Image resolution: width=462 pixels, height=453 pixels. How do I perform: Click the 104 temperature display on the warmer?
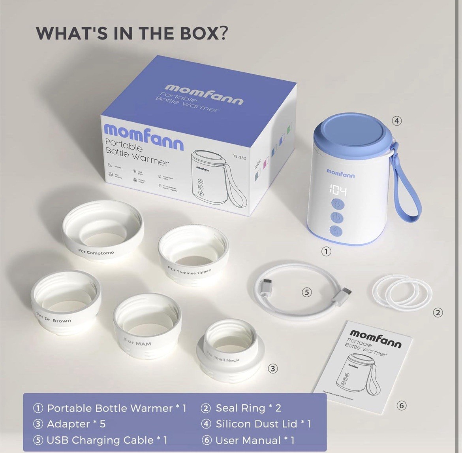click(338, 191)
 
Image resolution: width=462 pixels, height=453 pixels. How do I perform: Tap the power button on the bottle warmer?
click(337, 218)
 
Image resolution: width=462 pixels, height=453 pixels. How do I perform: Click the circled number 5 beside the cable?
click(307, 292)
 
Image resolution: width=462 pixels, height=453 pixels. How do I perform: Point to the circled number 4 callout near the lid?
click(397, 121)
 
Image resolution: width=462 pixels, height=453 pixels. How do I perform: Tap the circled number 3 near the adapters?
click(273, 369)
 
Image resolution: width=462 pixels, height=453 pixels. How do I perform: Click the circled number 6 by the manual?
click(402, 405)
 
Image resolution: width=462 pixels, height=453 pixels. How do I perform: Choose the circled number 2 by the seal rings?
click(438, 313)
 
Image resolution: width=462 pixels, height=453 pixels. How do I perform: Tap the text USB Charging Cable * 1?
click(107, 440)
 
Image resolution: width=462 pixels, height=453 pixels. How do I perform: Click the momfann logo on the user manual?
click(375, 338)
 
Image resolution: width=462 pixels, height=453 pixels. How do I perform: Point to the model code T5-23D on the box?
click(240, 157)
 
